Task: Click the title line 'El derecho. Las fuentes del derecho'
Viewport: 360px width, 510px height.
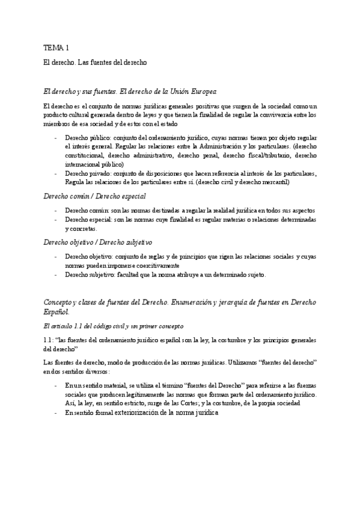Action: [x=96, y=62]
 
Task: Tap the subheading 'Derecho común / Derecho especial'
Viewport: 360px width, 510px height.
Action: [x=94, y=196]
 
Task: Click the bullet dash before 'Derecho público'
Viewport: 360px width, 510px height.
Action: [x=55, y=137]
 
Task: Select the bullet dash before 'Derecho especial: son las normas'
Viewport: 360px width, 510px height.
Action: [x=55, y=220]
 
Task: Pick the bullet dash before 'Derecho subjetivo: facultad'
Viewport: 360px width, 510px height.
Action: [x=55, y=275]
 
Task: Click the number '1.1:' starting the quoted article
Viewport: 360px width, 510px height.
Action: [x=49, y=340]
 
